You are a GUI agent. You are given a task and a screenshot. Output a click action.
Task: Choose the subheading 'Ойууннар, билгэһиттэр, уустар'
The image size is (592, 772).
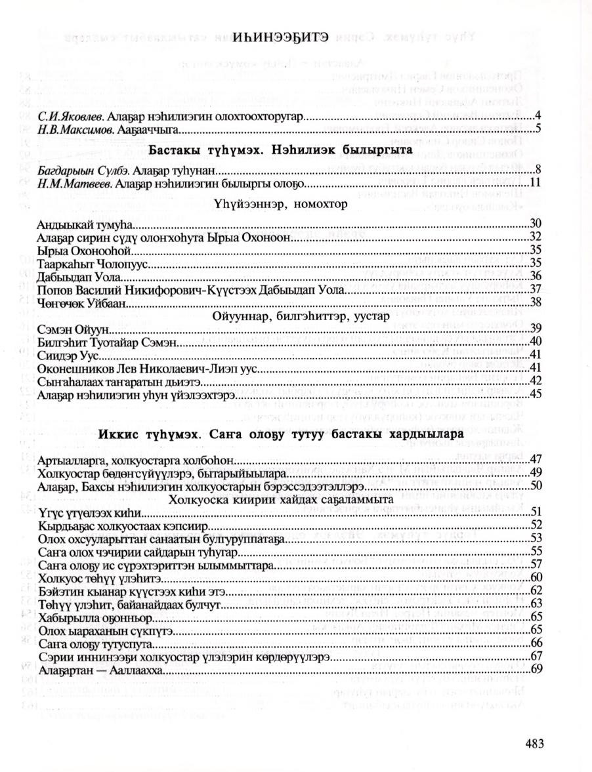tap(301, 315)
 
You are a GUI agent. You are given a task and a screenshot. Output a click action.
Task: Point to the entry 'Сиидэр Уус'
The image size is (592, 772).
tap(68, 355)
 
